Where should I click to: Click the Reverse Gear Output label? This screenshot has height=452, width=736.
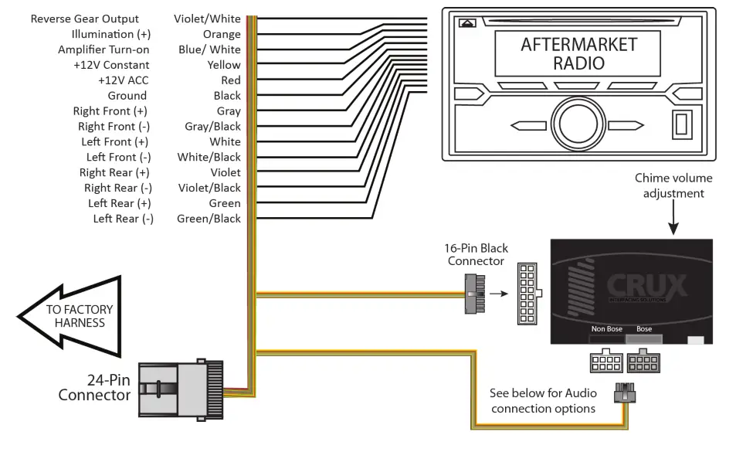coord(85,19)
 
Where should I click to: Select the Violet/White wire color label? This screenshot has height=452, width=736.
coord(207,19)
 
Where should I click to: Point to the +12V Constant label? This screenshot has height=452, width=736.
coord(111,65)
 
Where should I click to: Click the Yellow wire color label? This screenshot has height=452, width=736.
coord(224,65)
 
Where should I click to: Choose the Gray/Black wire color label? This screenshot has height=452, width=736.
coord(212,126)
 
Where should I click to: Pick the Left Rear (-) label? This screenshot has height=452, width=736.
coord(123,219)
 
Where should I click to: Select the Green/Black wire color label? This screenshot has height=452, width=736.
coord(209,219)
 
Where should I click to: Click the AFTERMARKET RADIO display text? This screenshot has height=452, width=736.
coord(568,53)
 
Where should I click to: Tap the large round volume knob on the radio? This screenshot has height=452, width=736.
coord(573,121)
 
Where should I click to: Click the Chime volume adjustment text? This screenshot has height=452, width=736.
coord(673,185)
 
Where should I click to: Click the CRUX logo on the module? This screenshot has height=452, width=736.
coord(646,285)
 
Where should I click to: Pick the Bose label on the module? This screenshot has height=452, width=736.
coord(644,329)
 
